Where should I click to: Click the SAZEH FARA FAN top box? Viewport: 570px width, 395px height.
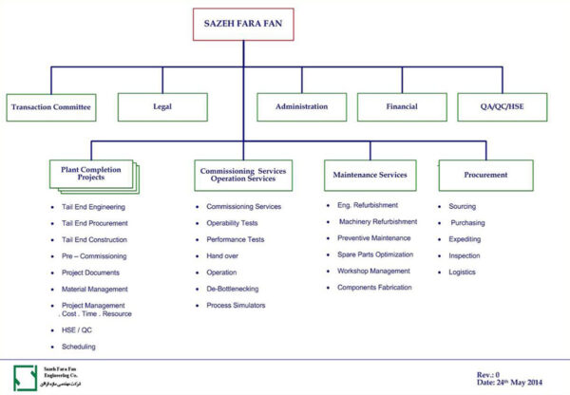click(x=243, y=25)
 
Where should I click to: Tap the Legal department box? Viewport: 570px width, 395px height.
click(x=161, y=107)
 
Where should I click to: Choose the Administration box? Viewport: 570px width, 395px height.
click(x=301, y=107)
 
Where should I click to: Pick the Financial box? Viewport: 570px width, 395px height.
click(x=401, y=107)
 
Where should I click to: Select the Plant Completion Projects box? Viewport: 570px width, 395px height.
click(x=90, y=175)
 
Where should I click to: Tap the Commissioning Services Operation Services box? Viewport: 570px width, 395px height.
click(x=243, y=175)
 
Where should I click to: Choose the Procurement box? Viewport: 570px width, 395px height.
click(x=485, y=175)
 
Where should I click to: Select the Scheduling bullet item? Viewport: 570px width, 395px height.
click(x=78, y=347)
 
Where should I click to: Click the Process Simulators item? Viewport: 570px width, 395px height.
click(x=237, y=305)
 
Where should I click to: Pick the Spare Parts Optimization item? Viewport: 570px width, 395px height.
click(x=375, y=254)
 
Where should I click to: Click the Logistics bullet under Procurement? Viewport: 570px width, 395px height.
click(x=463, y=272)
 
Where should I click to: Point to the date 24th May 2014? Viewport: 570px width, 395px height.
click(x=510, y=381)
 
